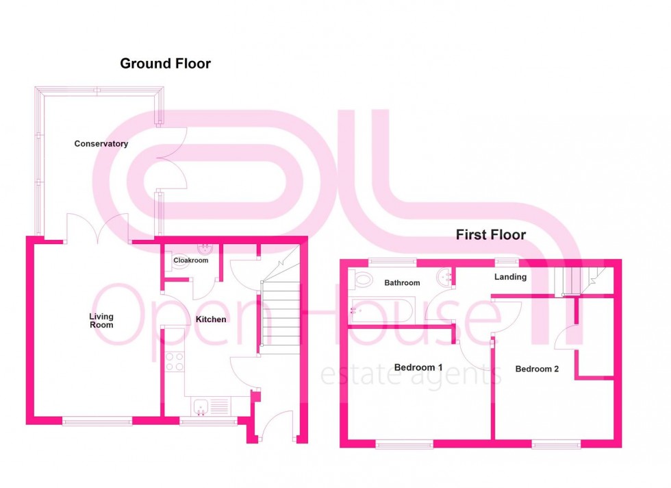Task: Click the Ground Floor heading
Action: tap(165, 64)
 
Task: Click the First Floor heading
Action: tap(491, 235)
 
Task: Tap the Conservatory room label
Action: tap(101, 144)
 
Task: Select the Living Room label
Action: tap(101, 321)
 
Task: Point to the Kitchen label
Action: tap(211, 319)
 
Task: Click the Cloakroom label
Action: tap(190, 260)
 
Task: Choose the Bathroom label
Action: tap(402, 282)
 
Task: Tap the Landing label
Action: tap(511, 277)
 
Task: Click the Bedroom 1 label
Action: tap(418, 367)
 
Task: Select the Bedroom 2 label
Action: tap(537, 369)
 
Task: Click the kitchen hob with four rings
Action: tap(175, 361)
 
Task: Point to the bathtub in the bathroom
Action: tap(377, 310)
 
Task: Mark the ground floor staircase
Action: tap(280, 315)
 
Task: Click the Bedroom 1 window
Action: tap(404, 445)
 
